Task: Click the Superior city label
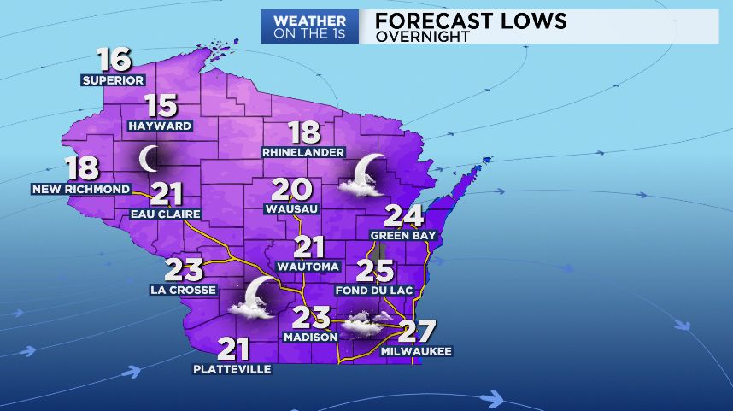(x=113, y=80)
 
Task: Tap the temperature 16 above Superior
(x=114, y=60)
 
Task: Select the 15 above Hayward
(x=160, y=106)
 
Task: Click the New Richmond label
(x=82, y=189)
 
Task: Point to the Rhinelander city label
(x=303, y=152)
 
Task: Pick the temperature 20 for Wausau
(x=292, y=190)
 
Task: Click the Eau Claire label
(x=166, y=214)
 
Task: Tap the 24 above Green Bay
(x=404, y=217)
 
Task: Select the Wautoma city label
(x=308, y=267)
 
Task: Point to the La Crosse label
(x=183, y=290)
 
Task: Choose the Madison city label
(x=310, y=337)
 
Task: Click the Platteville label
(x=232, y=369)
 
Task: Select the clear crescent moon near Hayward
(x=150, y=157)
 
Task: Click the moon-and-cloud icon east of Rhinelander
(x=365, y=173)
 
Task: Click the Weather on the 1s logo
(x=309, y=26)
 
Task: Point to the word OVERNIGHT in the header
(x=422, y=37)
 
